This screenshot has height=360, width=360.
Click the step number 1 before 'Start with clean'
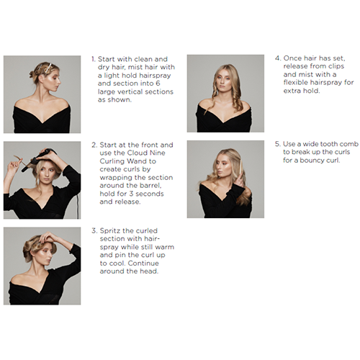pyautogui.click(x=94, y=59)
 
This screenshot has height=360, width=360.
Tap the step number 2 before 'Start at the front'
pyautogui.click(x=94, y=145)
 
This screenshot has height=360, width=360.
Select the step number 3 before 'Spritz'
pyautogui.click(x=94, y=230)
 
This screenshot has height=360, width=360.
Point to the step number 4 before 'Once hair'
pyautogui.click(x=278, y=58)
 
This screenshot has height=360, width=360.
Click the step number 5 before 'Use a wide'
pyautogui.click(x=277, y=144)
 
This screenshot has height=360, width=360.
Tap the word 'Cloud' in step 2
pyautogui.click(x=136, y=153)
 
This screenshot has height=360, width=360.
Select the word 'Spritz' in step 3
pyautogui.click(x=110, y=231)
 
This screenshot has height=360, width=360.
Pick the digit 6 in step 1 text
pyautogui.click(x=158, y=84)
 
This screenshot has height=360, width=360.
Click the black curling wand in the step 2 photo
pyautogui.click(x=38, y=159)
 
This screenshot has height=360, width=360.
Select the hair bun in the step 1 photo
pyautogui.click(x=32, y=74)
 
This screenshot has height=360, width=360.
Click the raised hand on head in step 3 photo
pyautogui.click(x=48, y=237)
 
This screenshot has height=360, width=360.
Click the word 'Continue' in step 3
pyautogui.click(x=143, y=264)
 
